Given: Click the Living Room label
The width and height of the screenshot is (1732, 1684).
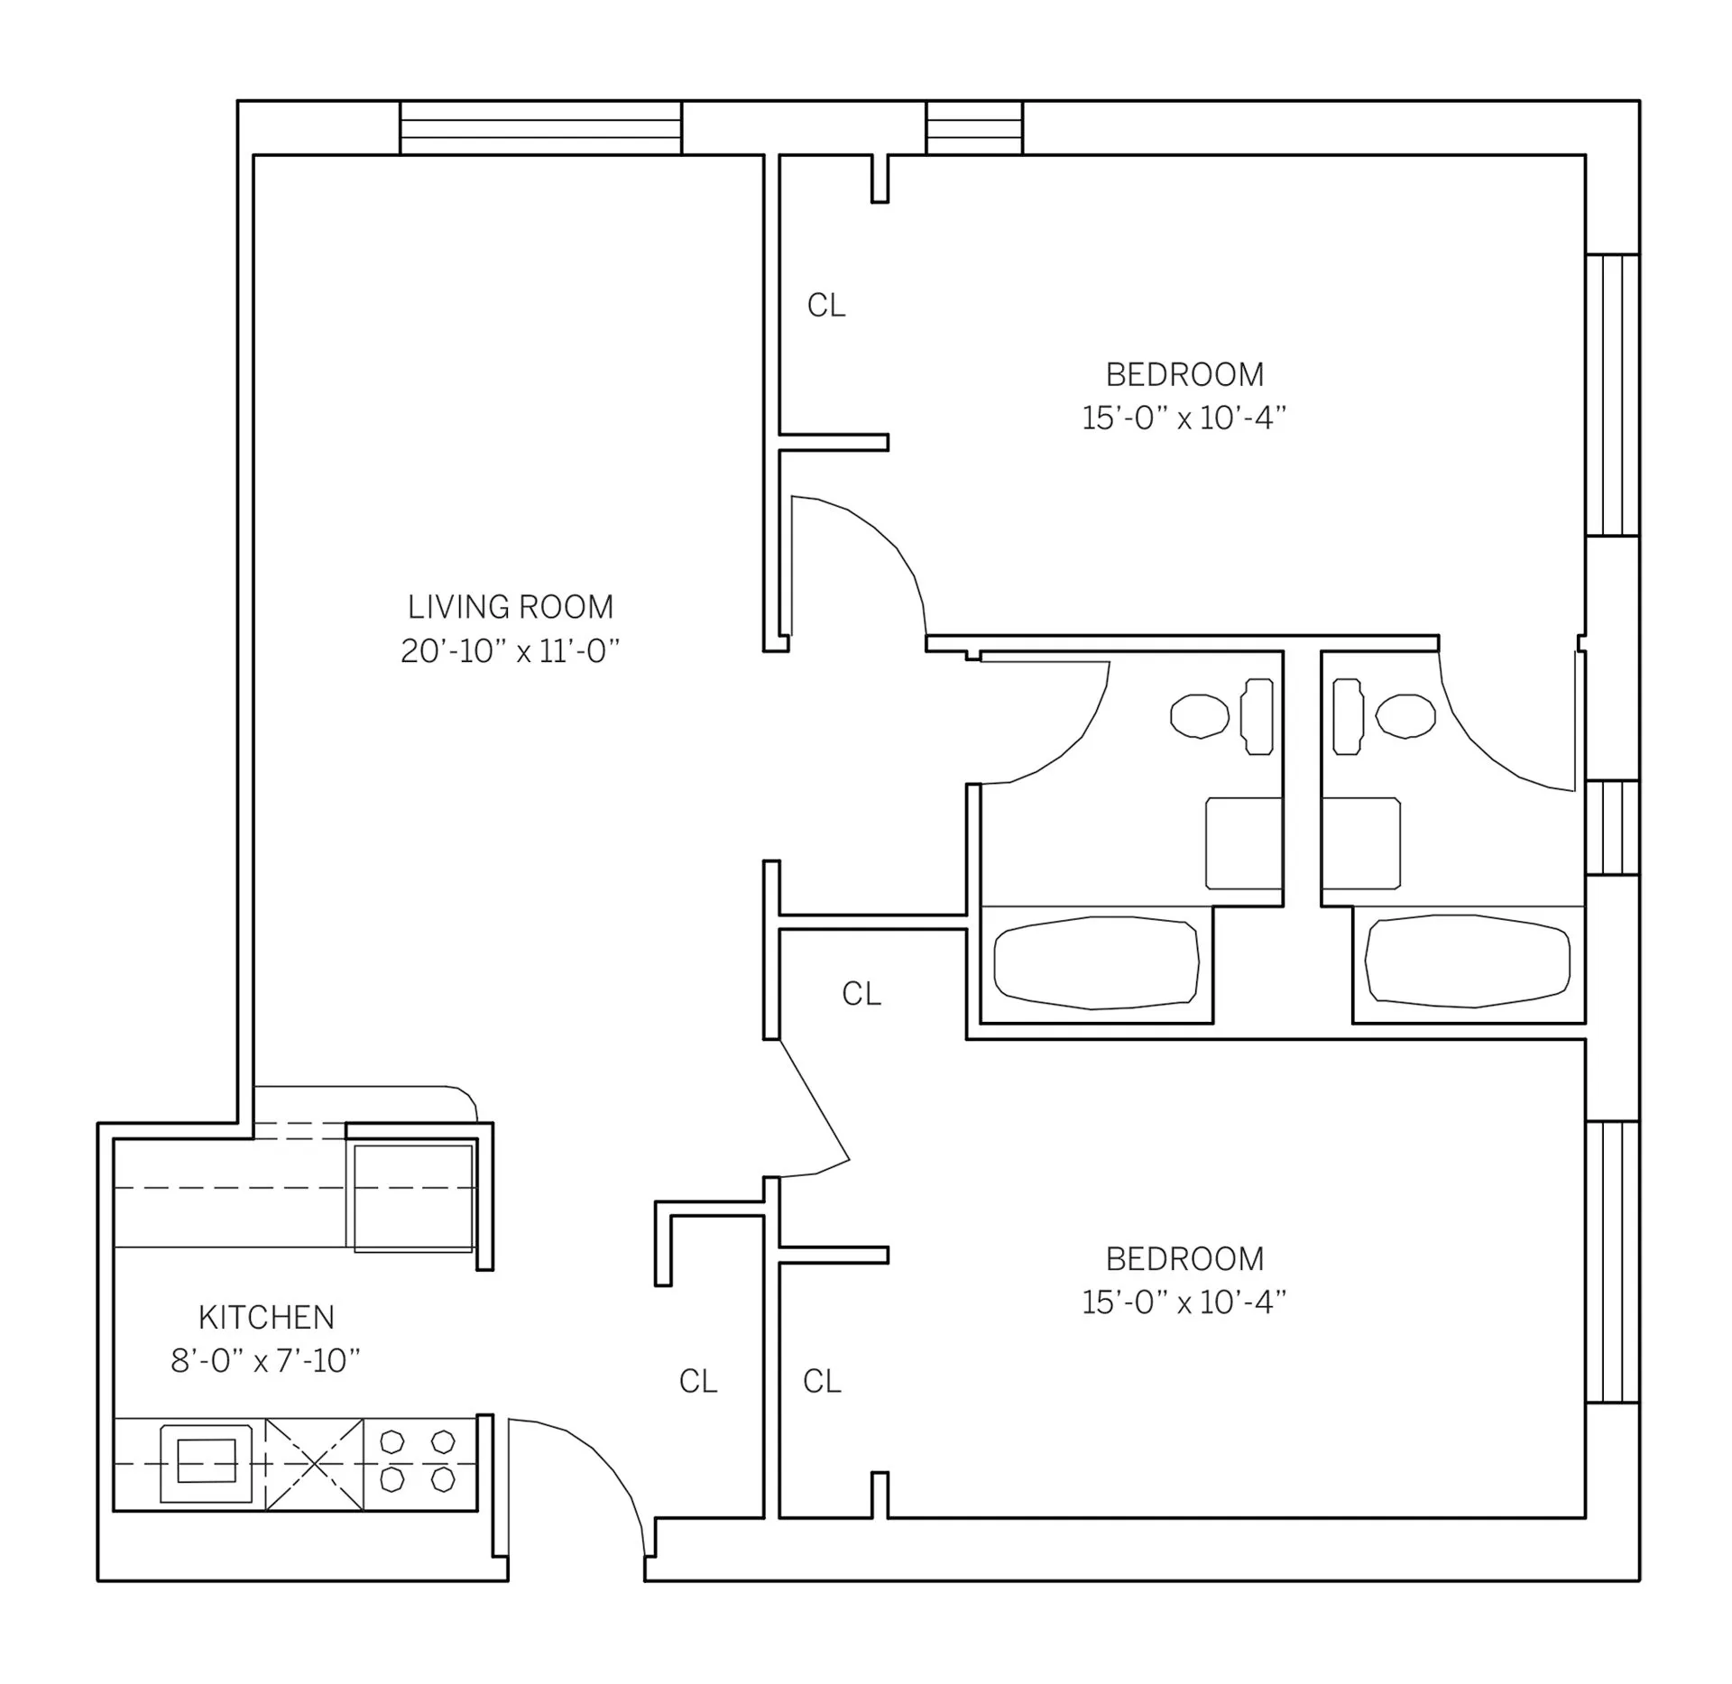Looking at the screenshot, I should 510,607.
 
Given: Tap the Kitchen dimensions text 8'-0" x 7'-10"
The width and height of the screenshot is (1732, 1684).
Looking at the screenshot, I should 265,1361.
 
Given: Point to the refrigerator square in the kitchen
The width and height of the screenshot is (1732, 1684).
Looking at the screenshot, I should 413,1198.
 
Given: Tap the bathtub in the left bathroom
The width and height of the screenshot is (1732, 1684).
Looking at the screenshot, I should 1096,962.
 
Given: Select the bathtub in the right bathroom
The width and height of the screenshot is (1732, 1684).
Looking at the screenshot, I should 1468,962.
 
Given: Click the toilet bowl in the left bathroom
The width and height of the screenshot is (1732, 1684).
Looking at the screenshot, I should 1199,716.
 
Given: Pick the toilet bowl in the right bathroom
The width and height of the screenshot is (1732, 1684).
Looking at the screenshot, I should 1405,716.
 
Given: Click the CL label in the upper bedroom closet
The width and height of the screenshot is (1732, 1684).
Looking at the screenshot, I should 825,307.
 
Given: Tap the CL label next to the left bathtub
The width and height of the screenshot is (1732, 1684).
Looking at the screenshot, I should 861,994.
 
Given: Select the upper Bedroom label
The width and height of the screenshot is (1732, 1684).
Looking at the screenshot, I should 1184,374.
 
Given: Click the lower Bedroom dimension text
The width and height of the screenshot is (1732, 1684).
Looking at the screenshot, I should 1184,1302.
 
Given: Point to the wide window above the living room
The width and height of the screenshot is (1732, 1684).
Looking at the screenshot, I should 540,128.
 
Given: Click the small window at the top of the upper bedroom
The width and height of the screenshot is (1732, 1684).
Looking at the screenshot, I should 974,128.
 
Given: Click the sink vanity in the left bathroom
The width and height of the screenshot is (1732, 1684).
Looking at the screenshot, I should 1243,842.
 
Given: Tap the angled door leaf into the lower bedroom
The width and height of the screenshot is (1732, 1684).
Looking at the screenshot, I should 814,1100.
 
